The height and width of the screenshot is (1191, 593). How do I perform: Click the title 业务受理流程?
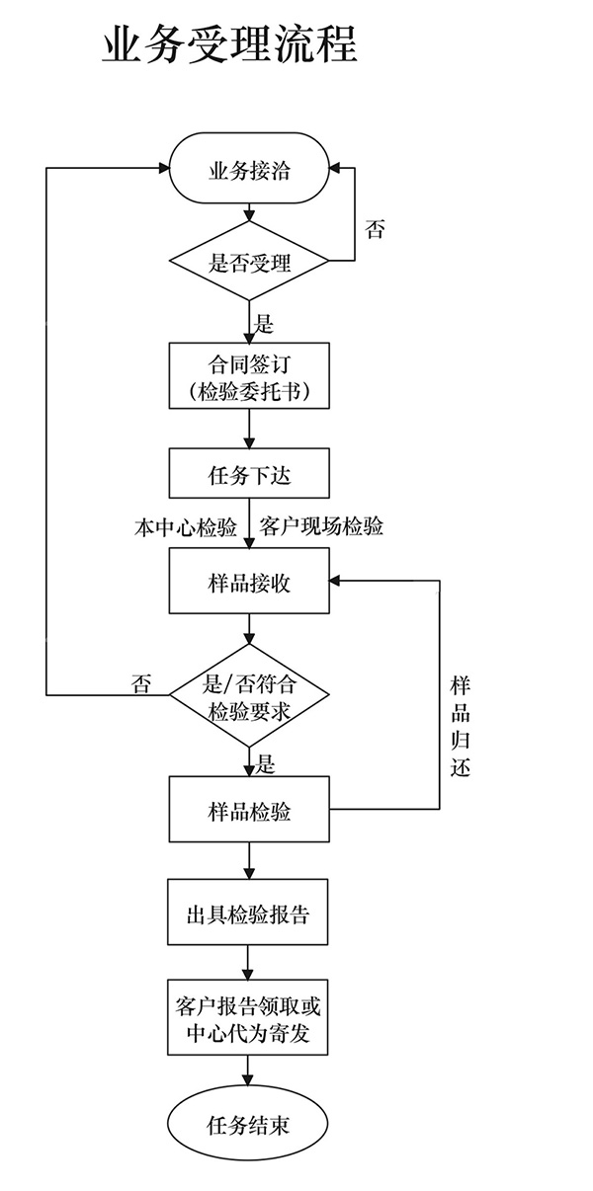229,44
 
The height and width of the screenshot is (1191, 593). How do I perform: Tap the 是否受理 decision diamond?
249,262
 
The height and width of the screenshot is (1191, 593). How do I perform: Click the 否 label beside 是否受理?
375,230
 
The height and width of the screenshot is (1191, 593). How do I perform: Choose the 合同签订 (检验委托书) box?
249,376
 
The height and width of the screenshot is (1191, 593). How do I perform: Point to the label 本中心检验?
186,527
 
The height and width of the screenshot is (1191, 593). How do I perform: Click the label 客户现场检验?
321,527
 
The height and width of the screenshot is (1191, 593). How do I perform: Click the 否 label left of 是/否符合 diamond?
141,683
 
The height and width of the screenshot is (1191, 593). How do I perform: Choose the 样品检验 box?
249,811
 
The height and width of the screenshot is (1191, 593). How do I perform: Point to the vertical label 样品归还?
460,726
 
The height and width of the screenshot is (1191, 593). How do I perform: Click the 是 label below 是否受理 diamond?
264,324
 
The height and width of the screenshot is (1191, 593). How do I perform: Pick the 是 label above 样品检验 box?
265,762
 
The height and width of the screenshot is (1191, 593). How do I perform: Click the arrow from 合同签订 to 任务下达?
249,429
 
